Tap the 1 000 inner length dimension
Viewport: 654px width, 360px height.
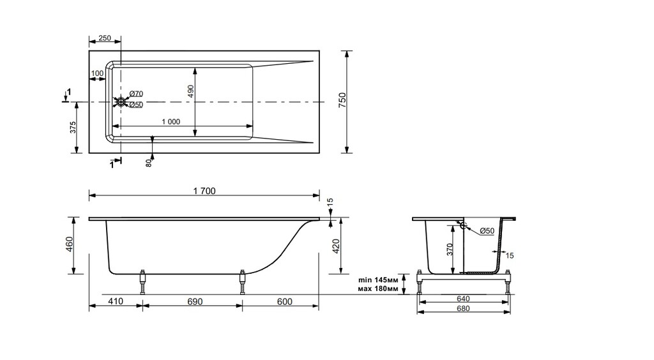tap(171, 121)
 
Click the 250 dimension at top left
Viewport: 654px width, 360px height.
tap(105, 39)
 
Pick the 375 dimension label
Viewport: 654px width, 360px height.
tap(73, 128)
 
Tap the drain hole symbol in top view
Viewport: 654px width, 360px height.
tap(121, 102)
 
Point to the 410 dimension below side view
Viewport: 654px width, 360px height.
tap(115, 301)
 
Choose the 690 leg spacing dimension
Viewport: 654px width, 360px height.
tap(192, 301)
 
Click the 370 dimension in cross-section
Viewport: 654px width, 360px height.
tap(450, 248)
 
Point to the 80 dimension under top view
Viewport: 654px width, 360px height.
tap(149, 163)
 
